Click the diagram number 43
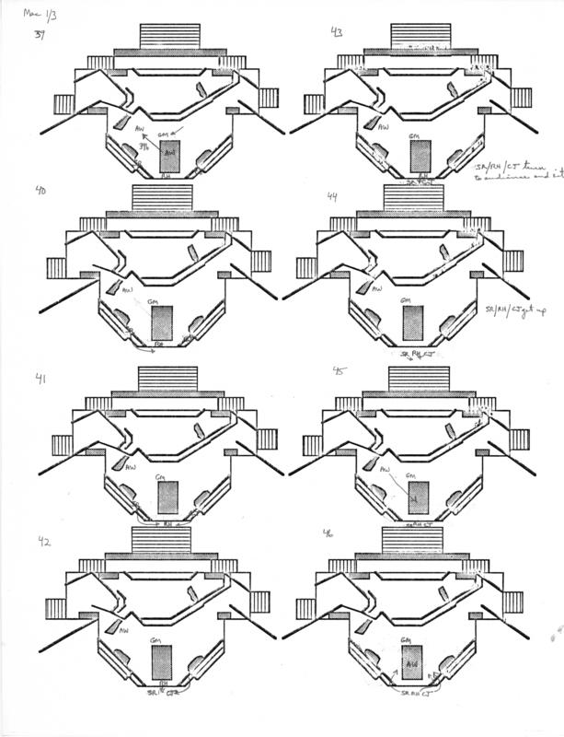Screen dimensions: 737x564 click(338, 32)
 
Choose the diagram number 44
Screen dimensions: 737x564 click(332, 196)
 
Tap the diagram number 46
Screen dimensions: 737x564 click(328, 534)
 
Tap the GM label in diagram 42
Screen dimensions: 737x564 click(162, 638)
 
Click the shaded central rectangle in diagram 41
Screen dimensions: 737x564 click(167, 498)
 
